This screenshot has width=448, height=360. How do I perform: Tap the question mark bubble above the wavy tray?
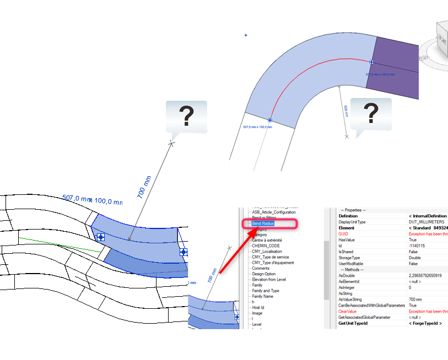pyautogui.click(x=186, y=117)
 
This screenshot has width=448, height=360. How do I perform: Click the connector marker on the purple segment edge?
pyautogui.click(x=371, y=62)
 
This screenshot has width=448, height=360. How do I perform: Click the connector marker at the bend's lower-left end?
pyautogui.click(x=270, y=120)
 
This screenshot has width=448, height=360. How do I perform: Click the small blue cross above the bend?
pyautogui.click(x=246, y=35)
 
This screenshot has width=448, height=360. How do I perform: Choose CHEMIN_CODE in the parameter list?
pyautogui.click(x=267, y=246)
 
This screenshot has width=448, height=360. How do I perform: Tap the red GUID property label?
pyautogui.click(x=343, y=234)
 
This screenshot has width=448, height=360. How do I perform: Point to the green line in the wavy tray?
pyautogui.click(x=61, y=245)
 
